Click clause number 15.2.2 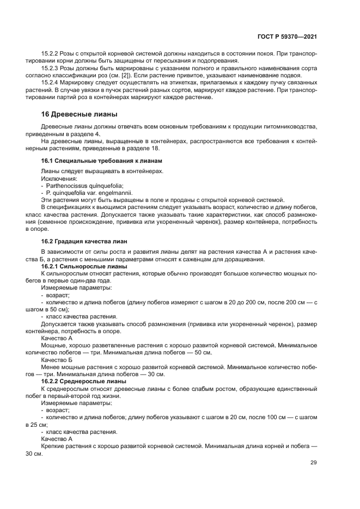(x=52, y=54)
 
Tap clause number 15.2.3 (x=52, y=70)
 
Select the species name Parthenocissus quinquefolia (x=84, y=185)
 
